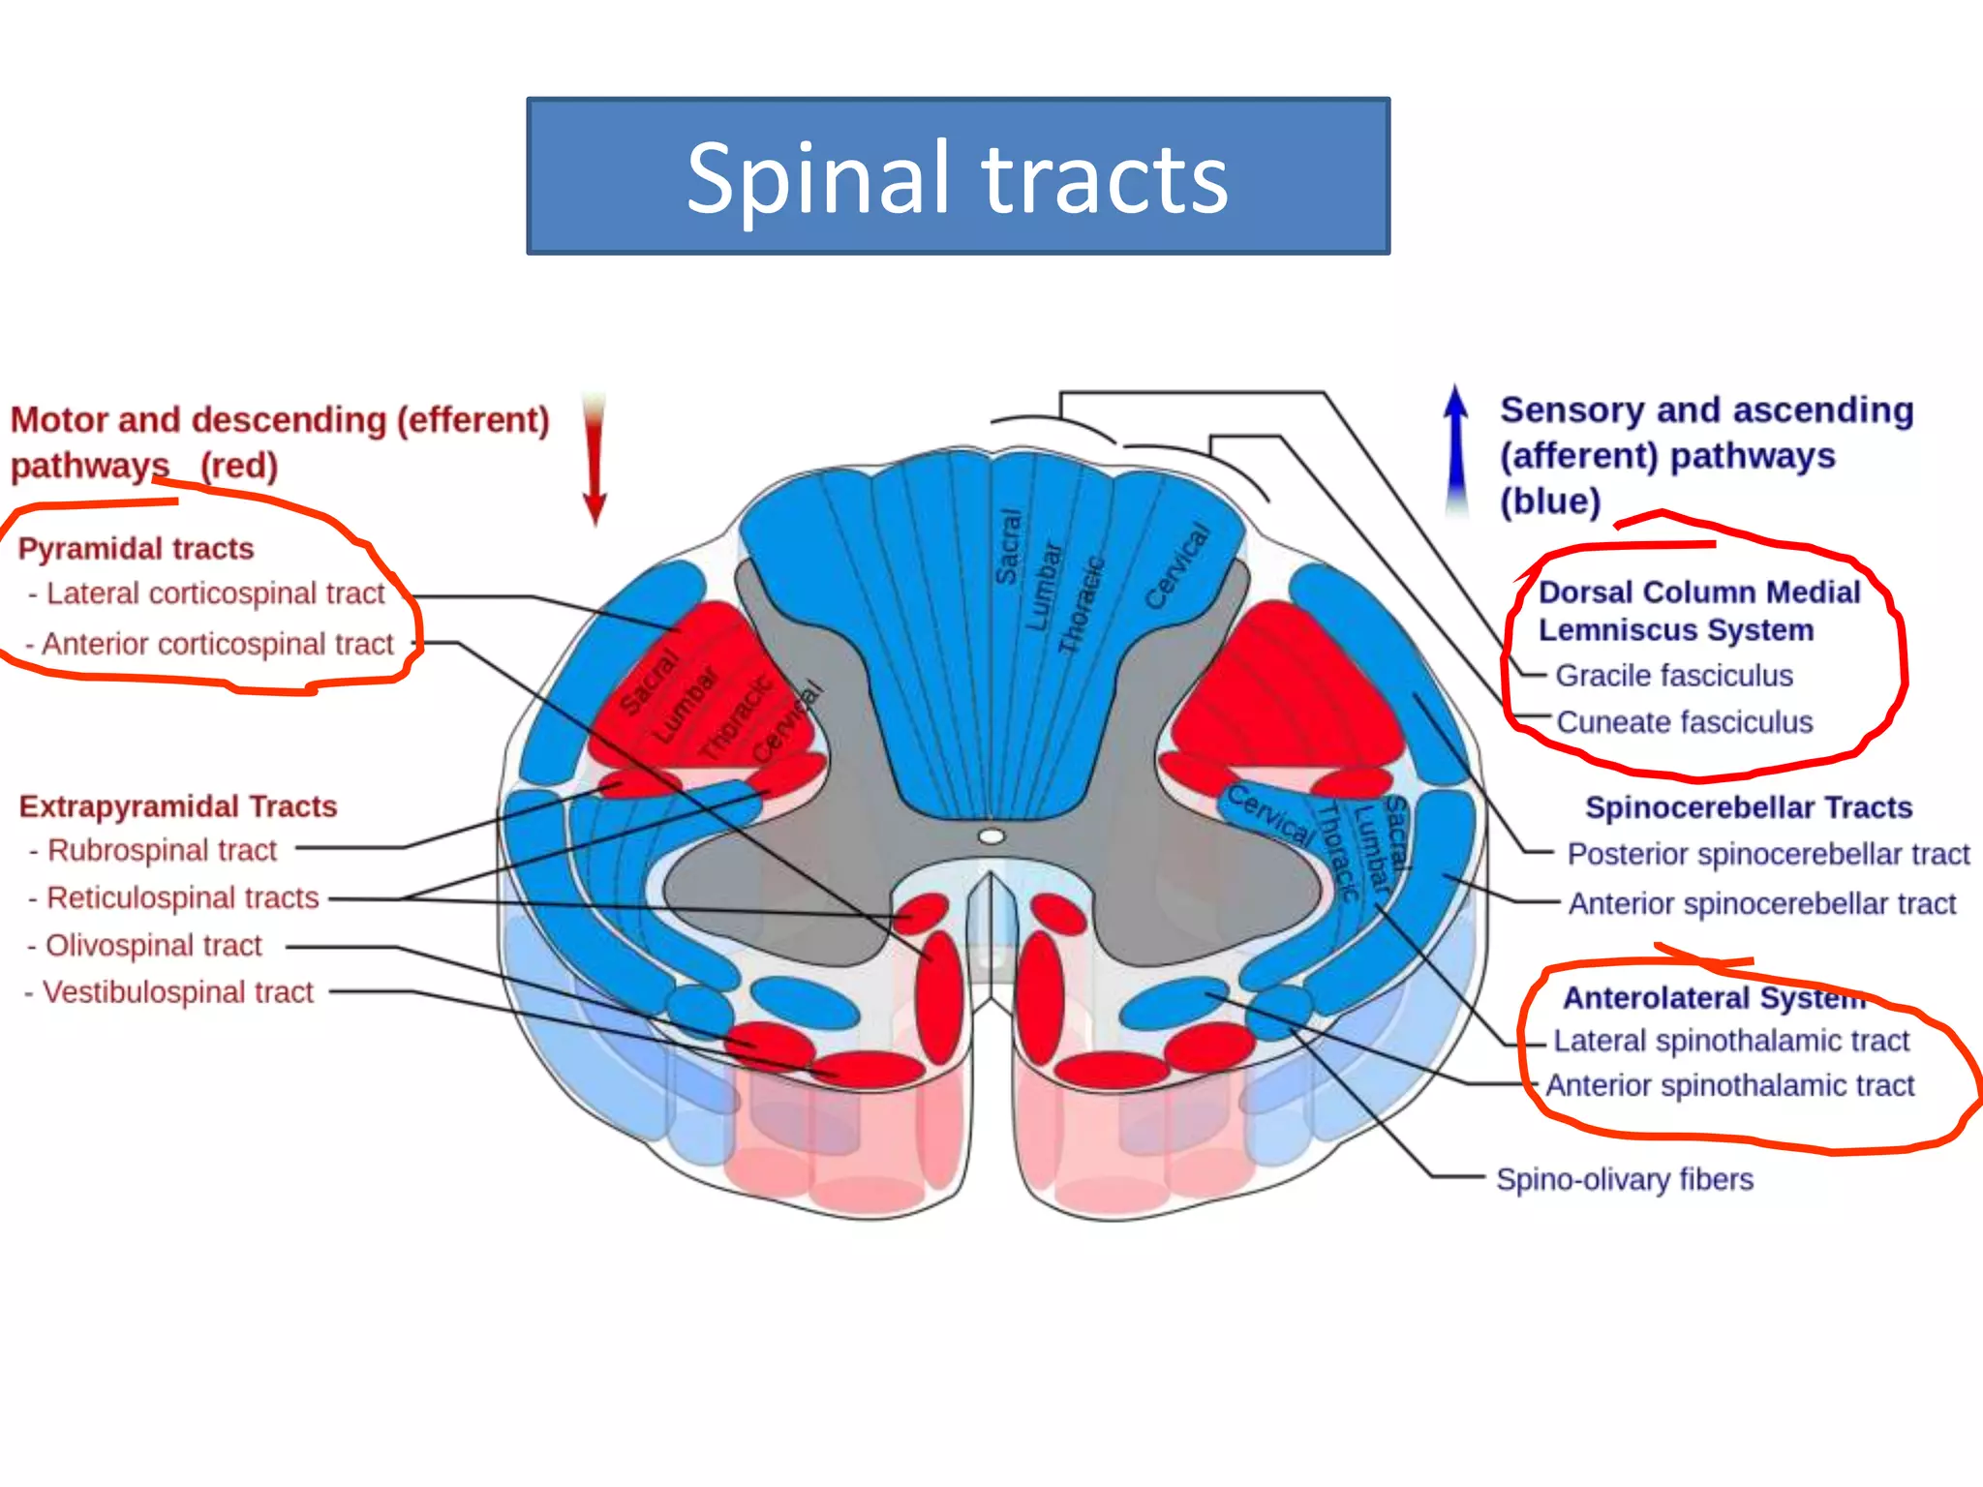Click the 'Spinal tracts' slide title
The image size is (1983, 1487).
[x=958, y=177]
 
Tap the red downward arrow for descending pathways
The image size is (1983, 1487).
[x=595, y=460]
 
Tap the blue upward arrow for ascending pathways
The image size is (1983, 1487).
[x=1455, y=450]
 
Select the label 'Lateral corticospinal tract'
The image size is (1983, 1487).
[x=215, y=593]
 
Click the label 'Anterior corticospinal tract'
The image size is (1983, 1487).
[x=217, y=644]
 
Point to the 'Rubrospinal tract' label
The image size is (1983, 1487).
[x=162, y=850]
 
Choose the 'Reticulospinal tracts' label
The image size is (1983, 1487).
[x=182, y=897]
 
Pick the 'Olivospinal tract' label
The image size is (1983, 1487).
[x=153, y=945]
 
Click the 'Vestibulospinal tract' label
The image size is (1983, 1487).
[x=177, y=992]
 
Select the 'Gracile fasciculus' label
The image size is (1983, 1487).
[x=1674, y=676]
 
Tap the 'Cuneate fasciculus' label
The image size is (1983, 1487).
[x=1684, y=722]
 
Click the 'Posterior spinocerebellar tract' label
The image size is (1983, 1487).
[x=1768, y=854]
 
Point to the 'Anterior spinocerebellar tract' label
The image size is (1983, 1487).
[x=1761, y=903]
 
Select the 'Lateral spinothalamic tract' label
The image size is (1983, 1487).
[x=1731, y=1041]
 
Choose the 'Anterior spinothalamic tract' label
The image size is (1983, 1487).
[x=1729, y=1085]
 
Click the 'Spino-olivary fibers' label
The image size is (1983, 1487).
[x=1625, y=1179]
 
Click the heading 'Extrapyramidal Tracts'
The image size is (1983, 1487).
[x=178, y=806]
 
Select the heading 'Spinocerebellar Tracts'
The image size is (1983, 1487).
[x=1749, y=807]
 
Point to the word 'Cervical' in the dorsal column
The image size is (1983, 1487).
[x=1177, y=567]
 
